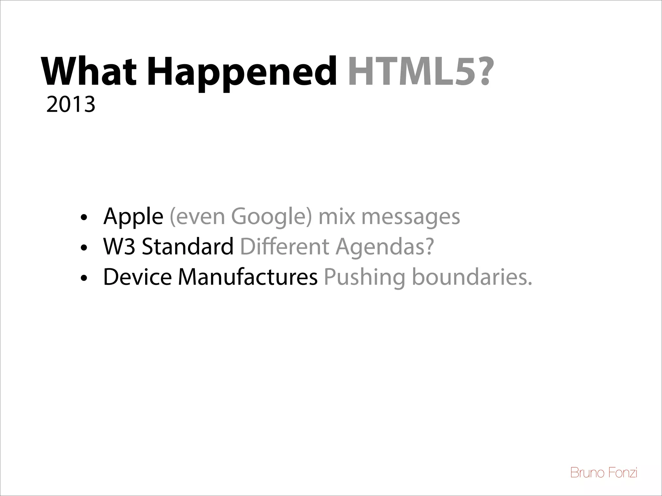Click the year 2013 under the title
71,105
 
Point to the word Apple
133,217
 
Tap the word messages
411,217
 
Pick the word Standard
188,247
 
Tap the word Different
284,247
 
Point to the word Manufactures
248,277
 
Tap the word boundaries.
472,277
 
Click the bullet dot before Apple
84,218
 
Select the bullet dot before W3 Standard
84,248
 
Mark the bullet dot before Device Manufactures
84,279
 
